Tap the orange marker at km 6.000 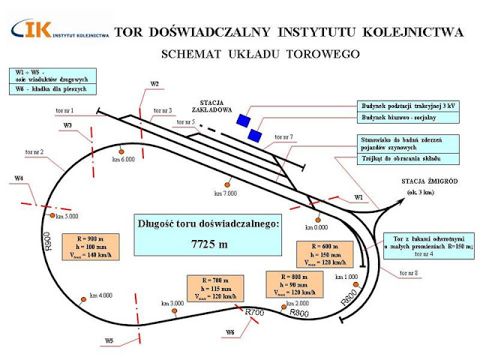click(121, 150)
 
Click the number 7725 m click(208, 244)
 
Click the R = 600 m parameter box click(321, 253)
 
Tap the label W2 click(154, 83)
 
